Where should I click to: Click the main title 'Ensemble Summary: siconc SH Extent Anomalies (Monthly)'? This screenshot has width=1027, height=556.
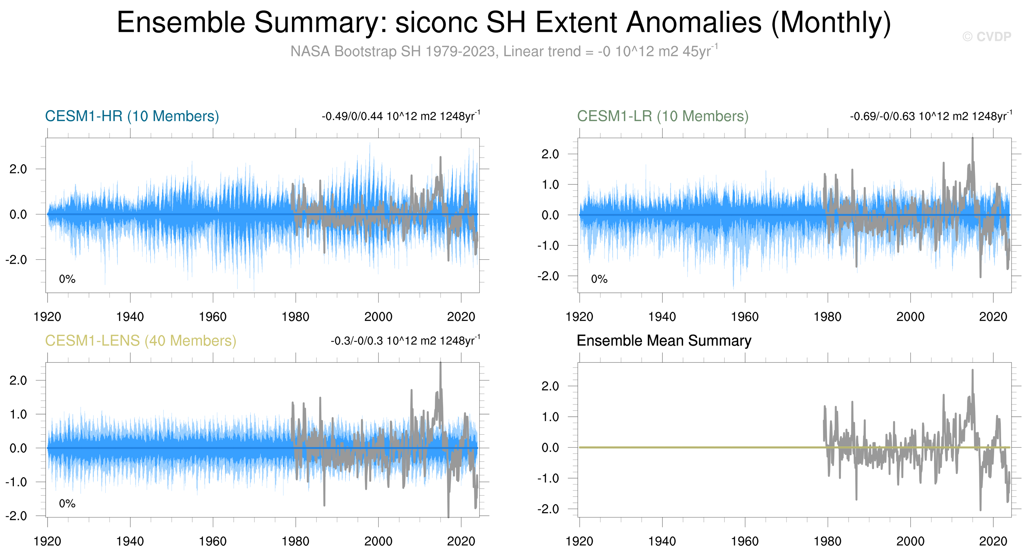click(x=504, y=22)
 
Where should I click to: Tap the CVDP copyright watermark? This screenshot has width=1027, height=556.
click(x=986, y=37)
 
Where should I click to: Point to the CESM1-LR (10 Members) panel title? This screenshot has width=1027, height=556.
click(x=662, y=116)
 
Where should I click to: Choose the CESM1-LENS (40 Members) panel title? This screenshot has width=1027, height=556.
click(x=140, y=341)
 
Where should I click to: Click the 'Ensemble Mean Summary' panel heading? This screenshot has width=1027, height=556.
click(x=664, y=341)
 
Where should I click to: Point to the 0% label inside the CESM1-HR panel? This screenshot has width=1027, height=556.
click(x=67, y=279)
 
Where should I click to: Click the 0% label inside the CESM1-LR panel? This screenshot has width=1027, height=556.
click(x=599, y=279)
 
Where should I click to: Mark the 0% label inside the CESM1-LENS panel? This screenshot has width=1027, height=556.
click(x=67, y=504)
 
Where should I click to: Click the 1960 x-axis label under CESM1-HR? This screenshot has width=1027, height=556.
click(x=213, y=317)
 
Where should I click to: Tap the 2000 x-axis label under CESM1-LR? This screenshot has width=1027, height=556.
click(x=910, y=317)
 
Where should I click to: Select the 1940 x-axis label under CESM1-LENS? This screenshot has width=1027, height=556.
click(x=130, y=541)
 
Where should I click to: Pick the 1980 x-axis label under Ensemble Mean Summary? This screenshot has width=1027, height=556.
click(x=827, y=541)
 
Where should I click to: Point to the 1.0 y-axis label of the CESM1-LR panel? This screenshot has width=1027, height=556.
click(x=550, y=184)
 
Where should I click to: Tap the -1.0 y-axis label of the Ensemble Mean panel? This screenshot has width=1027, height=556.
click(x=548, y=478)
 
